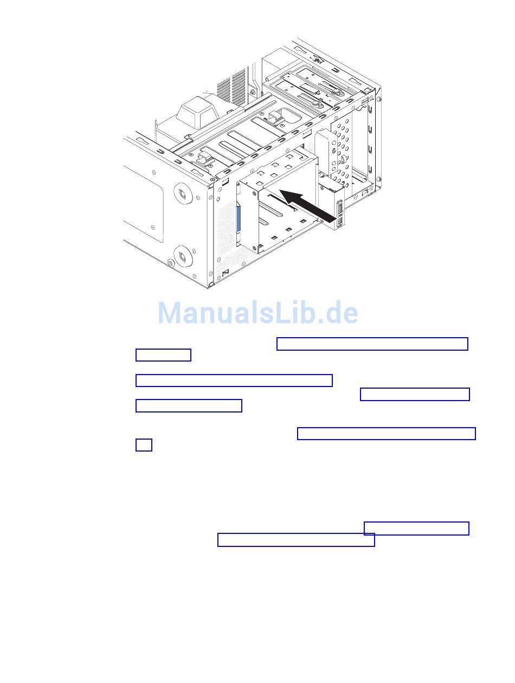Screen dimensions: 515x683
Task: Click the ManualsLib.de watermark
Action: [x=258, y=313]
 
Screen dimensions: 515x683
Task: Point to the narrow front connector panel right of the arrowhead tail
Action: [x=339, y=212]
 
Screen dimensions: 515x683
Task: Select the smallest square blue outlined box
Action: [x=144, y=445]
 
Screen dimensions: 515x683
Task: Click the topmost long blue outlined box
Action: [x=372, y=344]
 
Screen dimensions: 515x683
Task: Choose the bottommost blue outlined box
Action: [x=296, y=540]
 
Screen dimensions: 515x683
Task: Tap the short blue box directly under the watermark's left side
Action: [x=163, y=355]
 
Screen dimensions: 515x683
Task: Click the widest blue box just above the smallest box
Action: [x=386, y=434]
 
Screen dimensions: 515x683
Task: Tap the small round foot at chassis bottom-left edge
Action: [x=170, y=263]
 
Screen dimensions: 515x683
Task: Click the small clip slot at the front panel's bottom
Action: [x=225, y=272]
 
